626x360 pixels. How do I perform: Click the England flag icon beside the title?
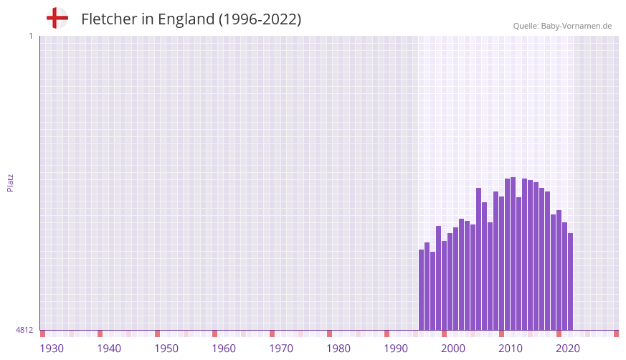[57, 19]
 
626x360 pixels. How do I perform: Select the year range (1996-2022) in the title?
[260, 19]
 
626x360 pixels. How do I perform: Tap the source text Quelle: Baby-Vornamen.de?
[562, 26]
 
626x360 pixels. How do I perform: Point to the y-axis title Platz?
[10, 182]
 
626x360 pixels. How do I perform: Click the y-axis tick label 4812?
[24, 330]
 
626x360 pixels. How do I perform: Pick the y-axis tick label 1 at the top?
[30, 36]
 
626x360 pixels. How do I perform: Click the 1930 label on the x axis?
[52, 349]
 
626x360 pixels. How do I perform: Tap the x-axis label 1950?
[166, 349]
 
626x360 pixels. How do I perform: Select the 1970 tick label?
[281, 349]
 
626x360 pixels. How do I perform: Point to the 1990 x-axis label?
[396, 349]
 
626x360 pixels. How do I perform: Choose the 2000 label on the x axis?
[453, 349]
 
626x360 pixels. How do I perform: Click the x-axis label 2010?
[511, 349]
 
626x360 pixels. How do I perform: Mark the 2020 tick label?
[568, 349]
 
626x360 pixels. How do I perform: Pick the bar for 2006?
[479, 259]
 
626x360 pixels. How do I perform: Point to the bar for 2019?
[554, 272]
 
